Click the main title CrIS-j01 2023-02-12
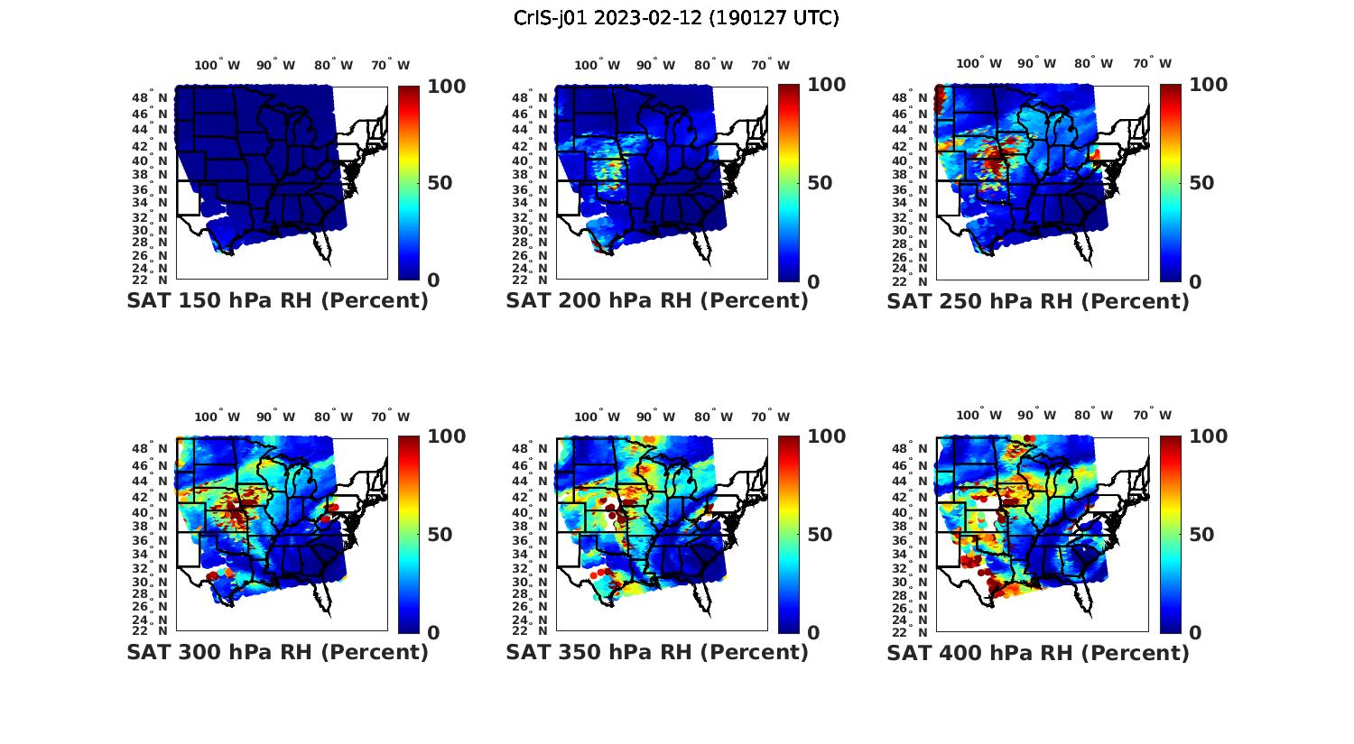(x=676, y=18)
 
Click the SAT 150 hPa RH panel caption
(x=277, y=301)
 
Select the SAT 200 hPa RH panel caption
(x=657, y=301)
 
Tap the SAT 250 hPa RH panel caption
(x=1038, y=301)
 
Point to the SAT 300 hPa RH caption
(x=277, y=652)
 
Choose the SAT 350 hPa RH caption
(x=657, y=652)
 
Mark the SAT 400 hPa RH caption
(x=1038, y=652)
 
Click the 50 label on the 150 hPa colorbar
(x=440, y=183)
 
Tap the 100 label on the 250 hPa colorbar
(x=1208, y=85)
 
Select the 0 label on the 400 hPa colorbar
(x=1195, y=633)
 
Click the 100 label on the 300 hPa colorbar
(x=446, y=436)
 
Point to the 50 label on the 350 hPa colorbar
(x=820, y=535)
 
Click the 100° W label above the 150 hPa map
(x=217, y=65)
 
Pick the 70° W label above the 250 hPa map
(x=1152, y=63)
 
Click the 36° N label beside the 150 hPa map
(x=150, y=189)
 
